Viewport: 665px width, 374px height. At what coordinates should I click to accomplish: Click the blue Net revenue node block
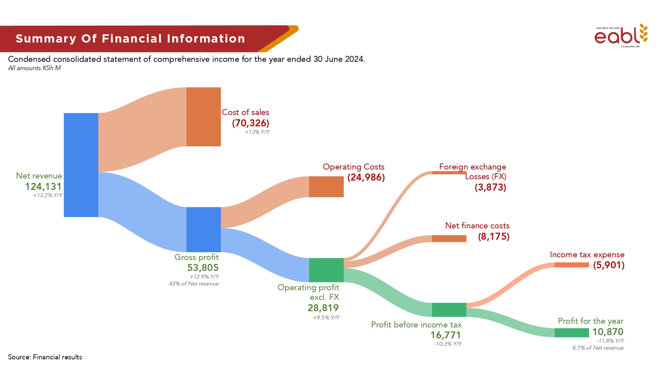pyautogui.click(x=81, y=165)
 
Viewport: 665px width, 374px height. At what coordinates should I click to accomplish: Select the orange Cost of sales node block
pyautogui.click(x=203, y=117)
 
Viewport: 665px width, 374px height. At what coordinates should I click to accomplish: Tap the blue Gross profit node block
pyautogui.click(x=203, y=229)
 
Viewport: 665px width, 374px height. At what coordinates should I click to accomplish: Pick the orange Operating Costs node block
pyautogui.click(x=326, y=187)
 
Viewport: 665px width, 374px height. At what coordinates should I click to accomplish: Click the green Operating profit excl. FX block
pyautogui.click(x=326, y=270)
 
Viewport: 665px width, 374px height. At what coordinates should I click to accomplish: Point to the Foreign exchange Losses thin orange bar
pyautogui.click(x=449, y=173)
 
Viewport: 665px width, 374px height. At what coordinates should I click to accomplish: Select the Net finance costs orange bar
pyautogui.click(x=449, y=238)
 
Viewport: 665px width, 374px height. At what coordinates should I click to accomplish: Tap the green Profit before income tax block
pyautogui.click(x=449, y=310)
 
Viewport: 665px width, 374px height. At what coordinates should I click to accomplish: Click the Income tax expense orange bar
pyautogui.click(x=572, y=265)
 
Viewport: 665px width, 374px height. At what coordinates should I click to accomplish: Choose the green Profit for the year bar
pyautogui.click(x=572, y=332)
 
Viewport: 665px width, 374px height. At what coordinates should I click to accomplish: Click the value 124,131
pyautogui.click(x=43, y=187)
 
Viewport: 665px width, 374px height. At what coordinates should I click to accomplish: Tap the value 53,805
pyautogui.click(x=203, y=268)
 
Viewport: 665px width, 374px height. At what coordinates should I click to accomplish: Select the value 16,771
pyautogui.click(x=446, y=335)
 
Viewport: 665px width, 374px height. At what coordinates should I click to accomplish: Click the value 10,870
pyautogui.click(x=608, y=332)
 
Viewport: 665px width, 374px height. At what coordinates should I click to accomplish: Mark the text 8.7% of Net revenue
pyautogui.click(x=598, y=348)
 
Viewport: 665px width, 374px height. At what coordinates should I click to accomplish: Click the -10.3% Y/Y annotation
pyautogui.click(x=448, y=344)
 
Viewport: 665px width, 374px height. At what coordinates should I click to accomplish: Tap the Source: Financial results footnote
pyautogui.click(x=45, y=357)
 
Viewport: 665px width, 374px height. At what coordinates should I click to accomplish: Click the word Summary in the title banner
pyautogui.click(x=46, y=39)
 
